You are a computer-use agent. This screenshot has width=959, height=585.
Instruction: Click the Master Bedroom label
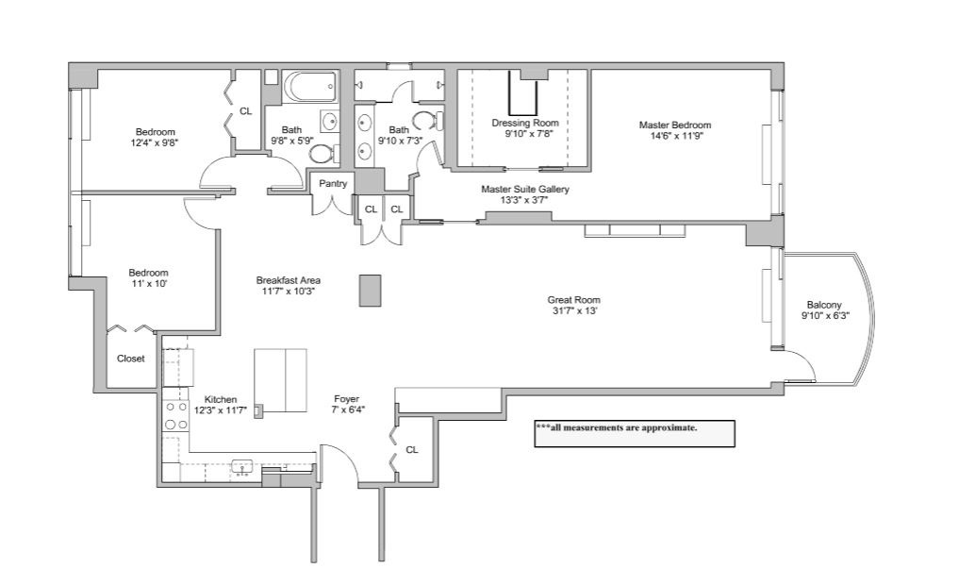674,125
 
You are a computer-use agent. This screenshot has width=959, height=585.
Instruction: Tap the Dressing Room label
524,123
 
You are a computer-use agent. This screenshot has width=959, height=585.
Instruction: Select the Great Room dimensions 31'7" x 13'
573,310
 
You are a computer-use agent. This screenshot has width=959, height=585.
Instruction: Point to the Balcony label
824,305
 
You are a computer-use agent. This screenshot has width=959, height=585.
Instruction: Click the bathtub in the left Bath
310,87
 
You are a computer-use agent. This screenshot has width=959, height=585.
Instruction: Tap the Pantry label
333,184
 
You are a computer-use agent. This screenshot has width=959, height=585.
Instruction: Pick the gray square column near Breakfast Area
370,290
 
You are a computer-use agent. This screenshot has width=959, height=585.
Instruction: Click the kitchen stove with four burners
176,416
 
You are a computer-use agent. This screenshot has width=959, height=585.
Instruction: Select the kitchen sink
242,467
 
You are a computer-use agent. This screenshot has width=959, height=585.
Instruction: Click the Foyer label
346,399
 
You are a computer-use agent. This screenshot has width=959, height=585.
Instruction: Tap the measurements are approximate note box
635,434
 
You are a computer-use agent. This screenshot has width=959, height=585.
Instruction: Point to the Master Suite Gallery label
524,189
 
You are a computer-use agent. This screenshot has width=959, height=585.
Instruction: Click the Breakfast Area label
288,280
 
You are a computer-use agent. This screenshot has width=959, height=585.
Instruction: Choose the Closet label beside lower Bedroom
131,359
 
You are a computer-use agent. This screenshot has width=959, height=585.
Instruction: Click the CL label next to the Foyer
412,450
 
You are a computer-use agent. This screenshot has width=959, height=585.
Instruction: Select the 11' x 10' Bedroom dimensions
148,283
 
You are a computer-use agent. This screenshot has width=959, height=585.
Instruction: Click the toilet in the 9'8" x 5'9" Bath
322,153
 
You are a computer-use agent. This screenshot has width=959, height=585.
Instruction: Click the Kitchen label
220,399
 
